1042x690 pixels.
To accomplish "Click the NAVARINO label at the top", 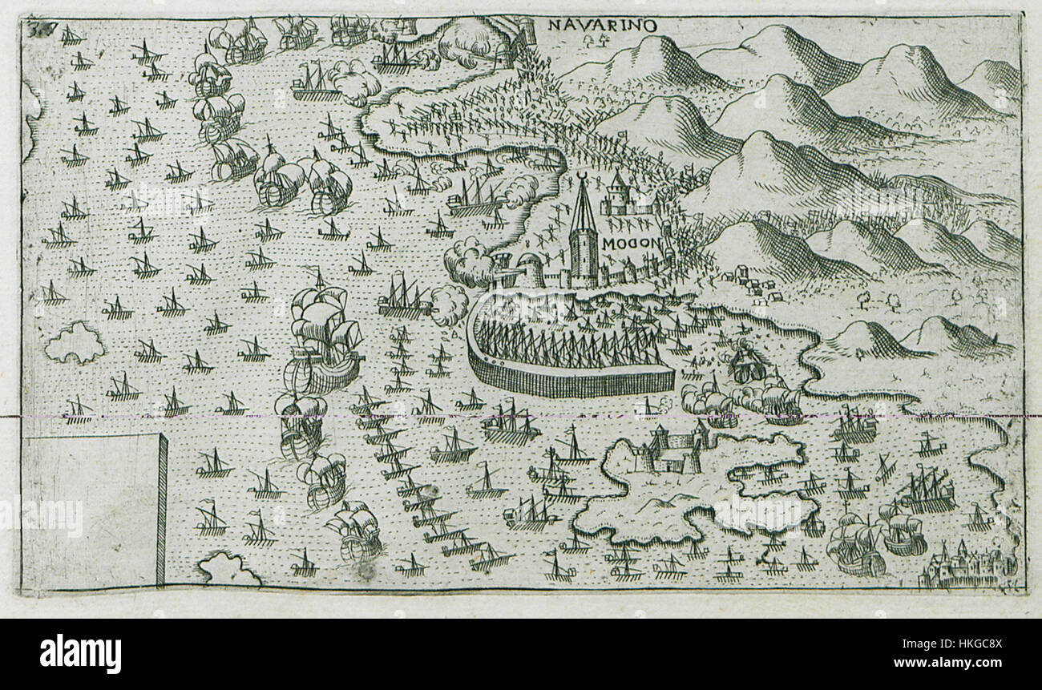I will (602, 25).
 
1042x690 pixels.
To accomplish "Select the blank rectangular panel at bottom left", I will (93, 510).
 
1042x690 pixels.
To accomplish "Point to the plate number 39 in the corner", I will (34, 30).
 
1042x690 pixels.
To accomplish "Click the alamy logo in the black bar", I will (80, 654).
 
